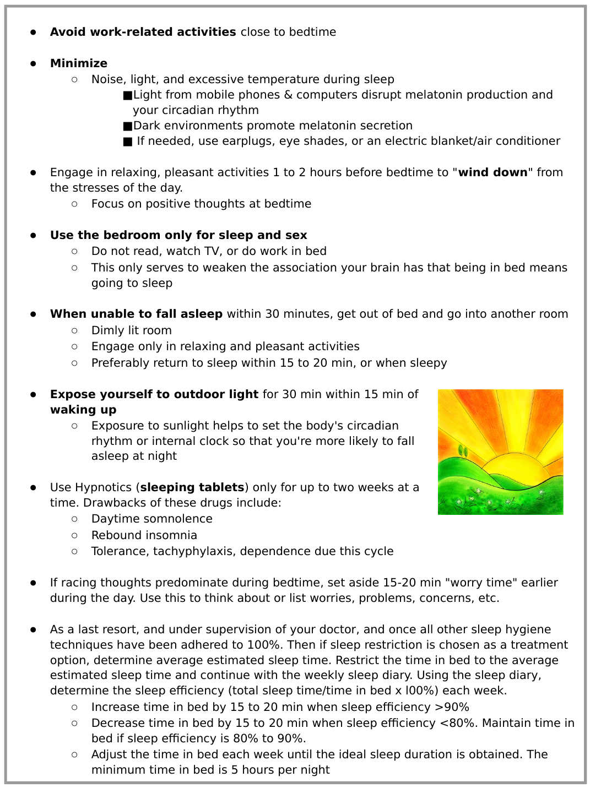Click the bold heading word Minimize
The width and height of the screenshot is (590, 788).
78,63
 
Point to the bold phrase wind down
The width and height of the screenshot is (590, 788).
492,172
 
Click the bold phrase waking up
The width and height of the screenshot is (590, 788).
83,410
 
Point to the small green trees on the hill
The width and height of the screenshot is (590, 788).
463,452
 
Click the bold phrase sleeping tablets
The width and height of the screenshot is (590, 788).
192,487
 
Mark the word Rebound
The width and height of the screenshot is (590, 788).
113,535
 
